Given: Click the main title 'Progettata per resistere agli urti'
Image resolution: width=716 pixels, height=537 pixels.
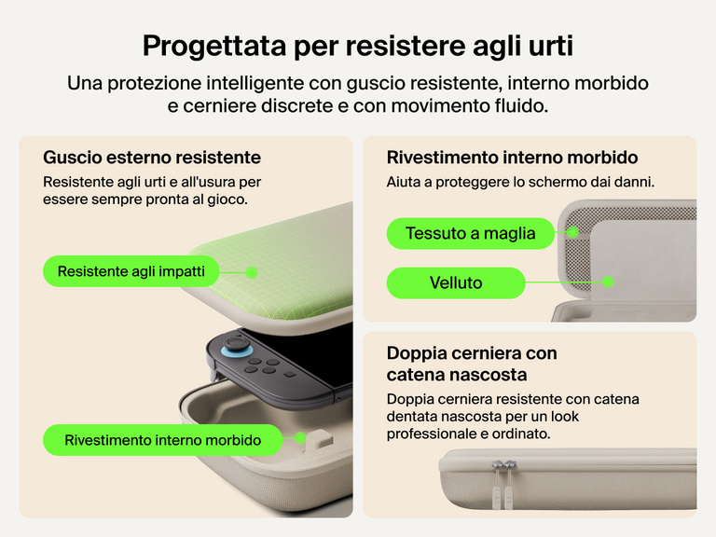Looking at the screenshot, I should [x=358, y=45].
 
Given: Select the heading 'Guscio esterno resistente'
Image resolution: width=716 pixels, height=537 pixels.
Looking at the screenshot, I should [x=152, y=158].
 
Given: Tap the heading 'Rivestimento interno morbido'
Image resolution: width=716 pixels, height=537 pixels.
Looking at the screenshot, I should [x=512, y=158].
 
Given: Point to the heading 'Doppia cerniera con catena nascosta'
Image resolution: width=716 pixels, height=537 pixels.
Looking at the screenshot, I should [x=472, y=364].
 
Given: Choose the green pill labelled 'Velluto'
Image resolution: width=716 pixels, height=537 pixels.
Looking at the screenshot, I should [x=456, y=282].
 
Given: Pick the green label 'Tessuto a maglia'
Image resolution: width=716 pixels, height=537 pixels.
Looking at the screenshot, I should [x=470, y=233].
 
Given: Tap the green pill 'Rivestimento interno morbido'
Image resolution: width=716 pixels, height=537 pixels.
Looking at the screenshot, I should [x=162, y=440].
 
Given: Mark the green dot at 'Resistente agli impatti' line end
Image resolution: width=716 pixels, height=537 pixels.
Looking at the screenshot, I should [x=251, y=272].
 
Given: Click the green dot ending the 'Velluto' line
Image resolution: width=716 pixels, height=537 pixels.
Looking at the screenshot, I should [x=608, y=281].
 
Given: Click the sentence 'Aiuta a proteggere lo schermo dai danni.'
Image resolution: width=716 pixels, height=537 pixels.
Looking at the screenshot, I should [x=520, y=182].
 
